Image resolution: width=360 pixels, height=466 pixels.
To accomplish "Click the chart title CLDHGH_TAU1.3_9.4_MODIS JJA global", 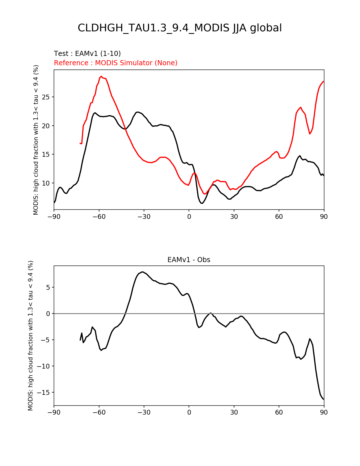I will click(x=180, y=28).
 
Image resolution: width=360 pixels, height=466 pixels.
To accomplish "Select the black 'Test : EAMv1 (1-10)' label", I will click(x=87, y=54).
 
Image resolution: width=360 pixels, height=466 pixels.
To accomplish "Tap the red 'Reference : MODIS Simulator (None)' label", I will click(x=116, y=63).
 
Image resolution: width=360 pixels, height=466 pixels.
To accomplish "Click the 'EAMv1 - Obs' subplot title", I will click(x=189, y=260).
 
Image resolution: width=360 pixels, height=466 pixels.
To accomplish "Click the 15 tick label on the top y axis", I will click(x=47, y=154).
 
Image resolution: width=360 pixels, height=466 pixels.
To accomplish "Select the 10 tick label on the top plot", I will click(x=47, y=183).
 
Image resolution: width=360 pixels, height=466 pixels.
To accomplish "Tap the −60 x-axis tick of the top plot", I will click(x=99, y=217).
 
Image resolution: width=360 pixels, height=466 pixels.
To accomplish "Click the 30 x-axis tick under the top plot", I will click(x=234, y=217).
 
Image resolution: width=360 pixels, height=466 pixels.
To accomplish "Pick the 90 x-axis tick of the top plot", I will click(x=324, y=217).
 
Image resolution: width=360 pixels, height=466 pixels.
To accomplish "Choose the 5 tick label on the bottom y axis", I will click(x=48, y=288).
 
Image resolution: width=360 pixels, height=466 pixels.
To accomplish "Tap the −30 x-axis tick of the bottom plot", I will click(x=144, y=413).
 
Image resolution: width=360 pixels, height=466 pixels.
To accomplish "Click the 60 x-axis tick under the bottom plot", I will click(x=279, y=413).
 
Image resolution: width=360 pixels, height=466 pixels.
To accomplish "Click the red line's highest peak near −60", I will click(x=101, y=76).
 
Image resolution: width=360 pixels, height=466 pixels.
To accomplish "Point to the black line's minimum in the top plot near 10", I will click(x=202, y=203).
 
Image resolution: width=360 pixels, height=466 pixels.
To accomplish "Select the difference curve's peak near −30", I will click(x=143, y=272).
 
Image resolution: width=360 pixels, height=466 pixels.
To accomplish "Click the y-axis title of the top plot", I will click(x=36, y=140).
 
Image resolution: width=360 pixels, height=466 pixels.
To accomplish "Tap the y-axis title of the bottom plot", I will click(x=30, y=336).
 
